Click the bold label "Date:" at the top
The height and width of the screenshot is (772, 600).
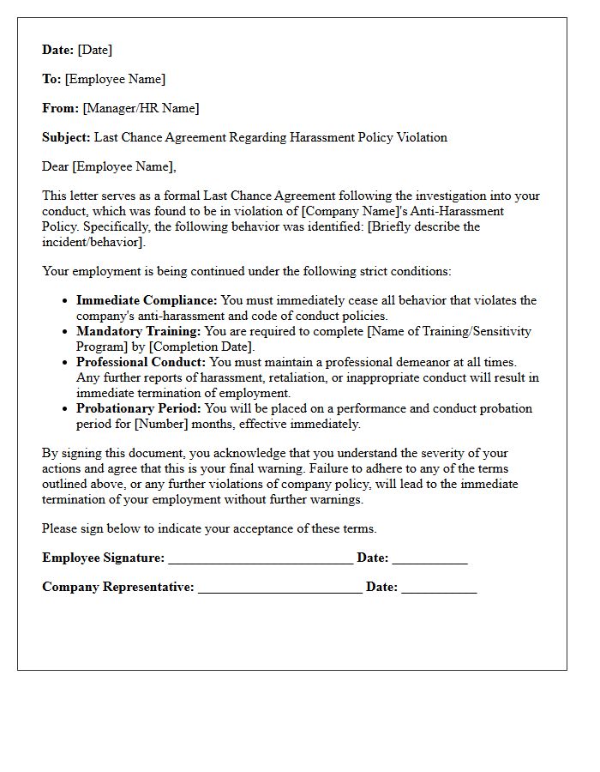point(58,50)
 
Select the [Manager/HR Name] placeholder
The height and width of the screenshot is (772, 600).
point(141,108)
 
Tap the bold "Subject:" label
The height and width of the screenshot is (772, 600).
point(66,137)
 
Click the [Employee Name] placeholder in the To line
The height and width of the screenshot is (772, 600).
point(115,79)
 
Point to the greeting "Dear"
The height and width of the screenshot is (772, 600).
point(55,166)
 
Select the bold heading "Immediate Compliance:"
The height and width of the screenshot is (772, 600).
point(147,300)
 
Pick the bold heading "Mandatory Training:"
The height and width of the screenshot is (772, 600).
point(138,331)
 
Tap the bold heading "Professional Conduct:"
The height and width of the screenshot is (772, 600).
point(141,362)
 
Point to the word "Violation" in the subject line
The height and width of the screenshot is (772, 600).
point(419,137)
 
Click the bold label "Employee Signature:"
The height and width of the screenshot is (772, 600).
point(103,558)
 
